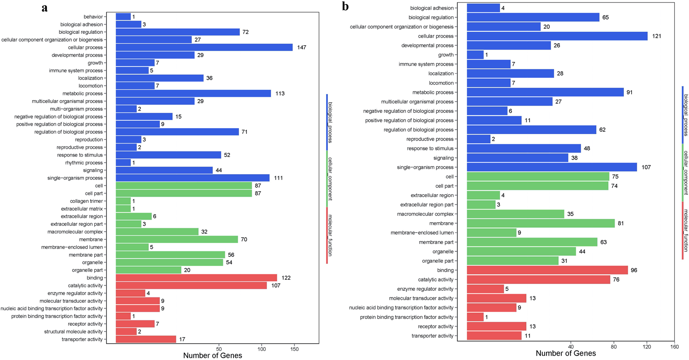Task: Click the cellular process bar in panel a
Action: point(204,48)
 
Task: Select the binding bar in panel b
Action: point(547,270)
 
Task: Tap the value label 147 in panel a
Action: point(301,48)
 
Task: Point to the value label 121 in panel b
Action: point(656,36)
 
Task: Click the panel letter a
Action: point(45,8)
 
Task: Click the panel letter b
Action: point(345,6)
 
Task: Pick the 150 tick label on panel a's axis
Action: point(294,349)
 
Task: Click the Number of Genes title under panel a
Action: point(213,355)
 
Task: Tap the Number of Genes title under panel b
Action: point(566,353)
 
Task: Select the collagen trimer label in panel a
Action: point(86,201)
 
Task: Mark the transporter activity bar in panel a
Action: point(146,339)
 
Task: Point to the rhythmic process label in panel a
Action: point(84,163)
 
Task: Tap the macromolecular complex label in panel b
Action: point(425,214)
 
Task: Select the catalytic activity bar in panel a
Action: point(191,286)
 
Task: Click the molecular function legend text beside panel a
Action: point(330,235)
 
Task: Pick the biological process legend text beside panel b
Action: point(686,115)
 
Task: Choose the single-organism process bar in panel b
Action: point(552,167)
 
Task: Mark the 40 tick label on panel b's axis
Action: point(571,347)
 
